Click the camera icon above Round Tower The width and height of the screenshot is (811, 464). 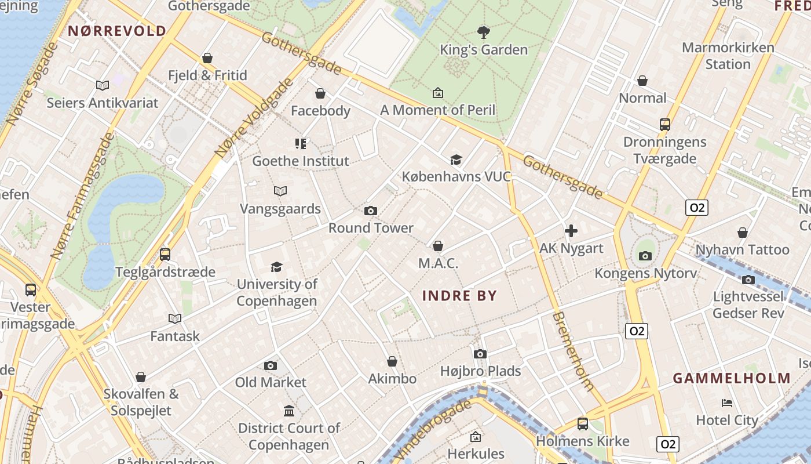[x=371, y=211]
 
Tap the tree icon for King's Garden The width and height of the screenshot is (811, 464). [x=484, y=32]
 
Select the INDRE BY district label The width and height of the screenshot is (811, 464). [x=459, y=296]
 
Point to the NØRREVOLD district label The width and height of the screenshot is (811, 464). [x=118, y=31]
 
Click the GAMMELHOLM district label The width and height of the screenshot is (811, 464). [x=732, y=378]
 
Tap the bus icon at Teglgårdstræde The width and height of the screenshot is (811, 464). [x=165, y=255]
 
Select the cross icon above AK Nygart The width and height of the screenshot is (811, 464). [x=571, y=231]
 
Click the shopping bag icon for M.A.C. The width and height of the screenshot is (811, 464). [x=438, y=246]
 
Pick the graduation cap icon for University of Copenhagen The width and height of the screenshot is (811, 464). [x=277, y=267]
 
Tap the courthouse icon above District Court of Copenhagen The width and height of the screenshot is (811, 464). [x=289, y=411]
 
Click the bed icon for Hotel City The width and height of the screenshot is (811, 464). [x=727, y=403]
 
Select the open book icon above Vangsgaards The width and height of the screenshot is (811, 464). [x=280, y=191]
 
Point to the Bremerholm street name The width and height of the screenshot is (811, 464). [x=573, y=351]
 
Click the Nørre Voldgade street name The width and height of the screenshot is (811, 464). [x=254, y=118]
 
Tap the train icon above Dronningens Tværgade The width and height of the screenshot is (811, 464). [x=665, y=125]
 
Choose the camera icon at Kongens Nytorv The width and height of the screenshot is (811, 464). [x=645, y=256]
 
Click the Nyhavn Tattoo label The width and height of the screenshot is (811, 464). [x=742, y=250]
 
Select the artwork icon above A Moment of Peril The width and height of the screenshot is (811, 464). [x=438, y=93]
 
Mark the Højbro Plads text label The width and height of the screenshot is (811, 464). [x=480, y=371]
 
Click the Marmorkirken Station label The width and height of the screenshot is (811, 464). [x=728, y=56]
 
